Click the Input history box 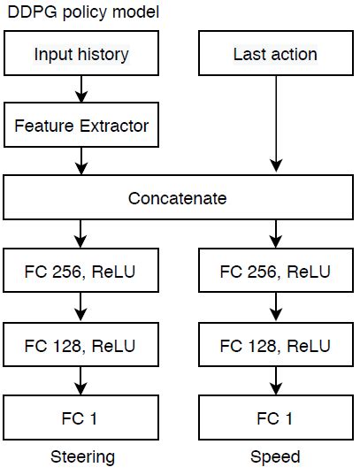81,55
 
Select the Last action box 275,55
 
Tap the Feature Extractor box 81,126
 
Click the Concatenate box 178,197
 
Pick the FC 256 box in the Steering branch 81,270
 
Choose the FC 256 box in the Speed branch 275,270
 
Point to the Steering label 81,457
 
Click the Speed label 275,457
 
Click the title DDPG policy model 72,11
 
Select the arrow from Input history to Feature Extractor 81,90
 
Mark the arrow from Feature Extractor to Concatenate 81,161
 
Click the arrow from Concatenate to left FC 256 81,234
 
